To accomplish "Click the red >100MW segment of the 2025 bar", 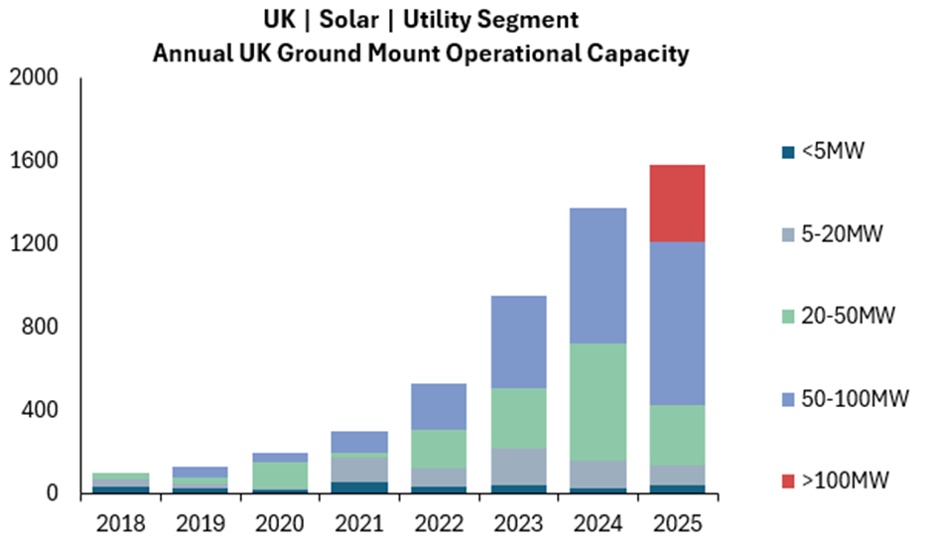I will (677, 204).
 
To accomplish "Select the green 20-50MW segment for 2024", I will (598, 402).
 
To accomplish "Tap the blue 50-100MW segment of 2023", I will (518, 342).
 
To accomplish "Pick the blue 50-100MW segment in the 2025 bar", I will (677, 324).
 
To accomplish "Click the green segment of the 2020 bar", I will (280, 476).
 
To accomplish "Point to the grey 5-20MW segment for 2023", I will (518, 467).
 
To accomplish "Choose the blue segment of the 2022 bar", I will (439, 406).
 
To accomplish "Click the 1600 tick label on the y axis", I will (34, 161).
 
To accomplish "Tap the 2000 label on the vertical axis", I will (34, 77).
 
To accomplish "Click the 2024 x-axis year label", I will (598, 524).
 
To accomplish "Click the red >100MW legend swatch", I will (788, 482).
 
